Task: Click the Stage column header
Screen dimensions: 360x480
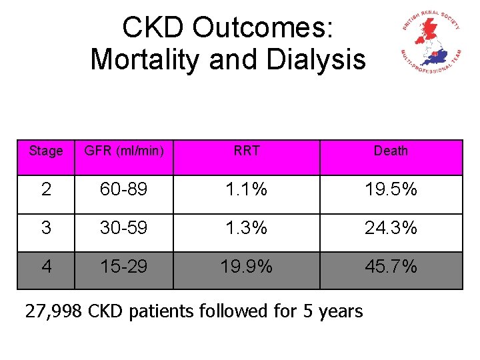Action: pos(46,151)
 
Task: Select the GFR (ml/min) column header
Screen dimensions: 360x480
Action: pos(123,151)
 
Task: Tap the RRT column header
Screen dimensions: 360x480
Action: pos(247,151)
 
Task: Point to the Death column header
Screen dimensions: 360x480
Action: pos(391,151)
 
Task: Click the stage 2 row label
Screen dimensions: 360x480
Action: pos(46,190)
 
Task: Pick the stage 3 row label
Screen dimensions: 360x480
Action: pos(46,228)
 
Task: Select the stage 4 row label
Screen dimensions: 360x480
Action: pos(46,267)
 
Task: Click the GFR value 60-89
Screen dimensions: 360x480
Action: pos(124,190)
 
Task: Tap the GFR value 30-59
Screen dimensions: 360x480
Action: pos(124,228)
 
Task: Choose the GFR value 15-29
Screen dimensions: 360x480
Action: pos(124,267)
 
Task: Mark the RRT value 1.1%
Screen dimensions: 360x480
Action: pos(247,190)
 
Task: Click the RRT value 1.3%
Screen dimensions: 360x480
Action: pos(247,228)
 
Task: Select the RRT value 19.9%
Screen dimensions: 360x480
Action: pos(247,267)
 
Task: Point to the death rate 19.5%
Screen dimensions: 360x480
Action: pos(391,190)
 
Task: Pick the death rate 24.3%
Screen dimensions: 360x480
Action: pos(391,228)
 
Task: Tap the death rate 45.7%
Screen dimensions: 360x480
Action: pos(391,267)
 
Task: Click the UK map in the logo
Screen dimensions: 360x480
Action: pos(429,41)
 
